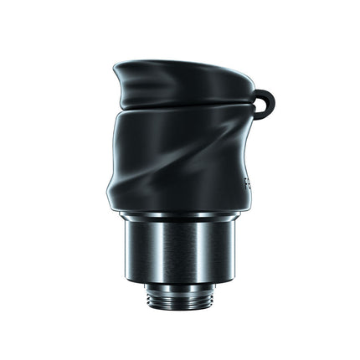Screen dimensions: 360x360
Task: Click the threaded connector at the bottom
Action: click(x=180, y=294)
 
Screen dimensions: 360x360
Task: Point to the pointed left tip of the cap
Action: click(x=116, y=66)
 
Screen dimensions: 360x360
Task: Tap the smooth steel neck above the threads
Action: click(x=180, y=284)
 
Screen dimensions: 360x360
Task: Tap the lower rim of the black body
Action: click(x=180, y=209)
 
